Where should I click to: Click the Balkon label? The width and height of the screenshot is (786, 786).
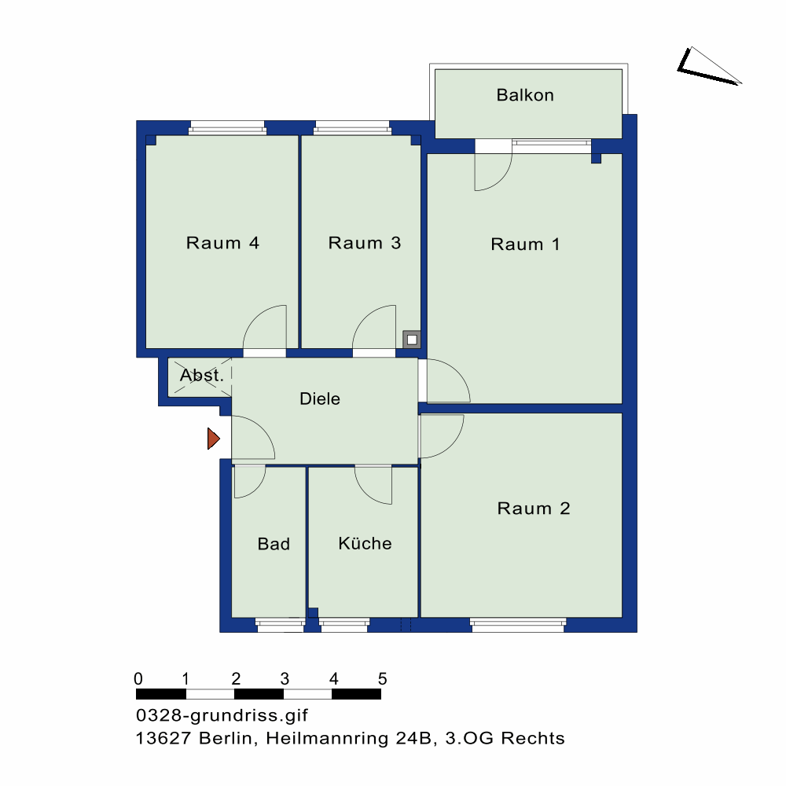(525, 95)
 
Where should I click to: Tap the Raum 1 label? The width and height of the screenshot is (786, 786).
(525, 244)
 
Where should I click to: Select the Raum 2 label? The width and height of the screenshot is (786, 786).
(534, 509)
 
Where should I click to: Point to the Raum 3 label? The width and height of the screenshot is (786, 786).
(365, 243)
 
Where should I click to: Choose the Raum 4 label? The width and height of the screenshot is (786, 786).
(222, 243)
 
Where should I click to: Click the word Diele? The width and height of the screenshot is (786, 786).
(320, 399)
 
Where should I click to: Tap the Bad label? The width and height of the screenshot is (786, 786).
(274, 544)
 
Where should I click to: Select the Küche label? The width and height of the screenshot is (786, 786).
(365, 543)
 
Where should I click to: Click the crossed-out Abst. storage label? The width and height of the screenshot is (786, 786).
(201, 375)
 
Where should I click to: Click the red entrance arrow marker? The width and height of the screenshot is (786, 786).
(214, 439)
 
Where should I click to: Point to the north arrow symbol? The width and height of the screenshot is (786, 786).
(709, 66)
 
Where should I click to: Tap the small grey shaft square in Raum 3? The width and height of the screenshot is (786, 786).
(412, 340)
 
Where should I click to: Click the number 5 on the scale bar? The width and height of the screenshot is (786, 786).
(383, 679)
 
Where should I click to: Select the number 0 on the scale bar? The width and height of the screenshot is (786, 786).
(138, 679)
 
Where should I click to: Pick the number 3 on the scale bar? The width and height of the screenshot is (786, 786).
(285, 679)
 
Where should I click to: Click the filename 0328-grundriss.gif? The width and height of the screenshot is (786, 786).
(222, 715)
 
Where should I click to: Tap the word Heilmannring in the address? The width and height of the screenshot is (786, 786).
(327, 738)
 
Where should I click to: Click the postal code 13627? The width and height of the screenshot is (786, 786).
(163, 738)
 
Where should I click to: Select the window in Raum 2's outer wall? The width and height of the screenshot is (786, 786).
(518, 625)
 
